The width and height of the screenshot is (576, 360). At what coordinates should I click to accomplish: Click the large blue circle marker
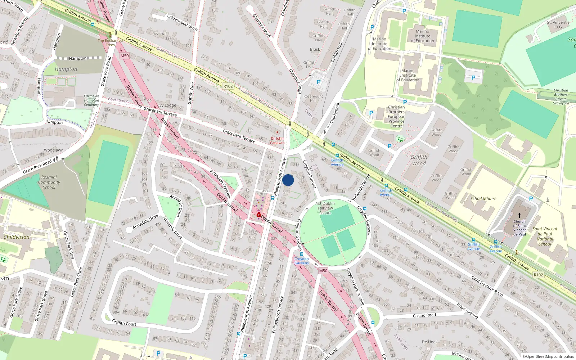(x=288, y=180)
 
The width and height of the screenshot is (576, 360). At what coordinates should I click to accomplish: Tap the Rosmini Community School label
(x=49, y=182)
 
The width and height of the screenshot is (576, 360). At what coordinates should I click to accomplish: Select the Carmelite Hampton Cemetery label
(x=91, y=100)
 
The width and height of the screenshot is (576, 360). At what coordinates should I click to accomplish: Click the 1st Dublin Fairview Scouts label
(x=325, y=208)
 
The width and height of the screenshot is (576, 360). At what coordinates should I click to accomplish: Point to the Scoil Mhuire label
(x=483, y=198)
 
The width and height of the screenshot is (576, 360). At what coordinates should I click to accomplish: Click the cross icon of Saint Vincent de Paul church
(x=519, y=215)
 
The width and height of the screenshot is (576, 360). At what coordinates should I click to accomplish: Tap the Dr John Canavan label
(x=277, y=140)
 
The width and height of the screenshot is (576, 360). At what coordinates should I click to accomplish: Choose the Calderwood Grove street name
(x=183, y=22)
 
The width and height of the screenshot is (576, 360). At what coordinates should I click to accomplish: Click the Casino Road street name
(x=424, y=315)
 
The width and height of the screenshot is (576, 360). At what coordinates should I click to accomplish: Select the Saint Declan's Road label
(x=487, y=286)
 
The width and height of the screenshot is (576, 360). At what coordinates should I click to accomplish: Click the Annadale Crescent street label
(x=220, y=184)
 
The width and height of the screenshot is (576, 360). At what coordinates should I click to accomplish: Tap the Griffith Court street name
(x=124, y=323)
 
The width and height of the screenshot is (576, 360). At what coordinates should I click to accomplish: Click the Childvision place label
(x=17, y=237)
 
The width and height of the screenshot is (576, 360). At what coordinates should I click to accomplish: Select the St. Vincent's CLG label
(x=558, y=24)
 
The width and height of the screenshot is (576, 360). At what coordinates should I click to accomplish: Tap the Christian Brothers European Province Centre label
(x=396, y=116)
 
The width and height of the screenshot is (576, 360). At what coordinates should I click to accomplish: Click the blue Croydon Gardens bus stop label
(x=302, y=261)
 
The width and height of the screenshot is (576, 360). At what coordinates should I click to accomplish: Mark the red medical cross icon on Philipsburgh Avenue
(x=259, y=215)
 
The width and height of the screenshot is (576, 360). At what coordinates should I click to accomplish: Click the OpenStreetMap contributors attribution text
(x=548, y=356)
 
